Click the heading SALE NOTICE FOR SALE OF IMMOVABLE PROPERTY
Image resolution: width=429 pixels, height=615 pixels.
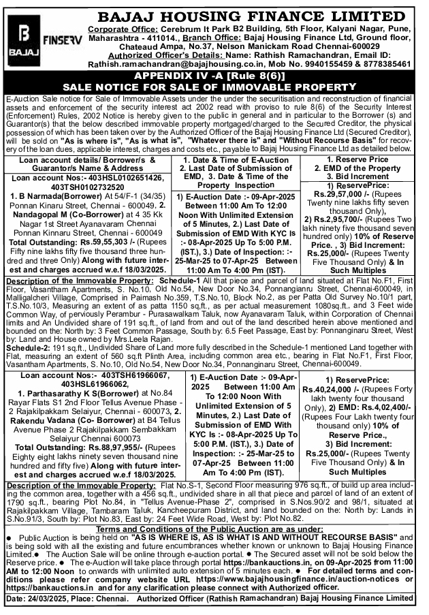[214, 88]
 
